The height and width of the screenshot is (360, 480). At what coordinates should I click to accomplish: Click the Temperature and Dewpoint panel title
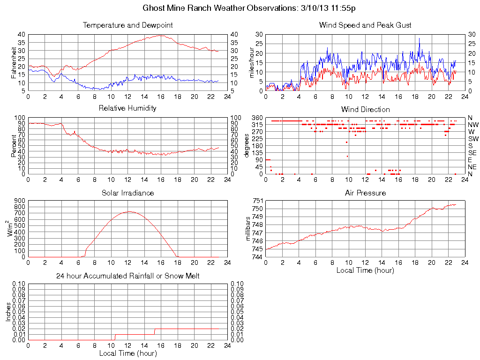(x=127, y=25)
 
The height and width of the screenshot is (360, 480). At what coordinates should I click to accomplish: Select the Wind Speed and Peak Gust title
(x=365, y=25)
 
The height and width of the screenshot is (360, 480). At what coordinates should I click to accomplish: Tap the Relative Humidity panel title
(x=127, y=109)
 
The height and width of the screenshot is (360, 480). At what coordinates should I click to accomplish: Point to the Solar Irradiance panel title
(x=127, y=193)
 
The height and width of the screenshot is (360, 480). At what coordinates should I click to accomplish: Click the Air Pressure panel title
(x=365, y=193)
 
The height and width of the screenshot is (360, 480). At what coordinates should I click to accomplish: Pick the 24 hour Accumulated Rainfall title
(x=127, y=276)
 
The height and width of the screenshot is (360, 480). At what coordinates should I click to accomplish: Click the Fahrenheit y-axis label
(x=14, y=62)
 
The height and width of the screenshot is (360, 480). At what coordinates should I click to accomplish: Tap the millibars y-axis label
(x=249, y=229)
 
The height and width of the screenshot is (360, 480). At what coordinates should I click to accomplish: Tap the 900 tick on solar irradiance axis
(x=19, y=201)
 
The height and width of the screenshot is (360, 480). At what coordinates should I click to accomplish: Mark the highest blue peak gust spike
(x=420, y=38)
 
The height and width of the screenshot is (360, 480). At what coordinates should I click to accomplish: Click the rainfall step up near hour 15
(x=154, y=331)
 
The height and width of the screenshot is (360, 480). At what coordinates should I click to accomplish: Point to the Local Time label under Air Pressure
(x=365, y=270)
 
